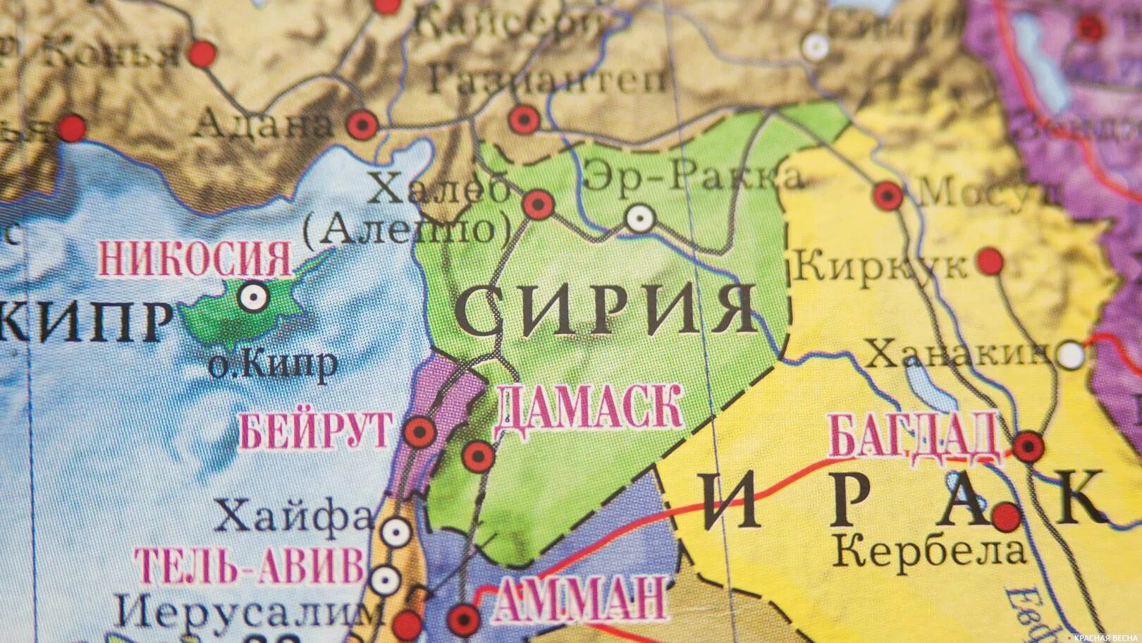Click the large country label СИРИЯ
(x=606, y=310)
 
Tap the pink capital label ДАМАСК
(x=589, y=408)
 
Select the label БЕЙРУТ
(x=316, y=430)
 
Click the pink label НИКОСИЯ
(x=195, y=259)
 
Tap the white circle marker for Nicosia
(x=252, y=298)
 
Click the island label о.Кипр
(x=274, y=366)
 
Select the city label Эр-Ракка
(x=693, y=176)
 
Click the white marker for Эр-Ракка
(x=639, y=219)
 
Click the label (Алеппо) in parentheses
(x=408, y=229)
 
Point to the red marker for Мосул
(x=888, y=195)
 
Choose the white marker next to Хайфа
(x=396, y=531)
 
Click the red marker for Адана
(x=362, y=125)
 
